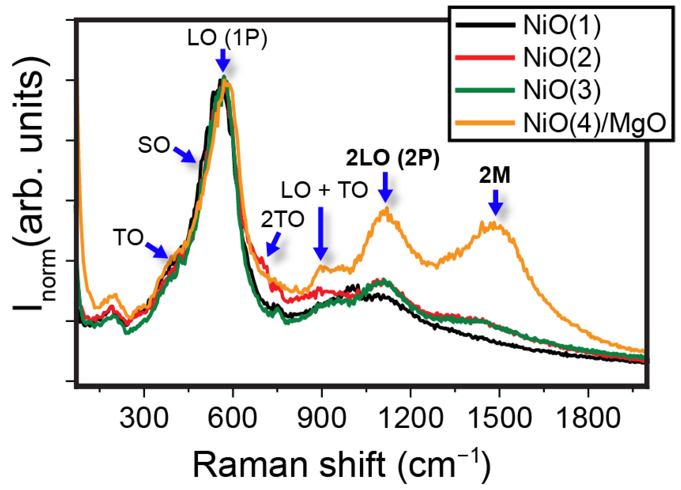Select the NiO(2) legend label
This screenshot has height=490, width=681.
561,58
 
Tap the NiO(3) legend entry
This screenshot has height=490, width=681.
561,90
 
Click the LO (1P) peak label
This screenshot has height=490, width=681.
227,38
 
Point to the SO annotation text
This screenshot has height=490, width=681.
154,145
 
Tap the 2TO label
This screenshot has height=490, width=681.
282,219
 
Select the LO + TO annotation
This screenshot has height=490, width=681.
324,190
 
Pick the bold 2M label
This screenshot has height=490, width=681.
495,175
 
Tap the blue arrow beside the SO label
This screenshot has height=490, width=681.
184,154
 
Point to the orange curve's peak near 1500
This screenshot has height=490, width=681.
492,224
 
